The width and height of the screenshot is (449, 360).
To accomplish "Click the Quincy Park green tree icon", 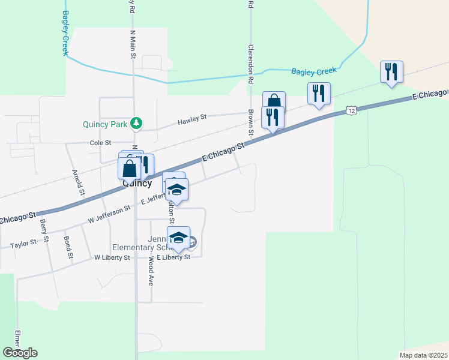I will coord(137,124).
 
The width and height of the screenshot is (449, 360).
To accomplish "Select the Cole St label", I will coord(101,143).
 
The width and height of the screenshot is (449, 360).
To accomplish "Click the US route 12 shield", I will coord(352,110).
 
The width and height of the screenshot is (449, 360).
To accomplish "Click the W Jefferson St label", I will coord(109,215).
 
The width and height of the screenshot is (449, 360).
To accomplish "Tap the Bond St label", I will coord(68,247).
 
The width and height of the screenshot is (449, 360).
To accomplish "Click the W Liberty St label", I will coord(112,257).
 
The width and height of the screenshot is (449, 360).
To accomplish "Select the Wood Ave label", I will coord(150,271).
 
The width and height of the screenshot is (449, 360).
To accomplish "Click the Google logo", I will coord(20,353).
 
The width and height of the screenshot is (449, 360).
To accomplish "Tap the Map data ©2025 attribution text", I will coord(423,355).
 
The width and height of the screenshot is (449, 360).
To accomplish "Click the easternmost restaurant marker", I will coord(391,71).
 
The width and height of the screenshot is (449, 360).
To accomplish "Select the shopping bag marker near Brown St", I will coord(274,101).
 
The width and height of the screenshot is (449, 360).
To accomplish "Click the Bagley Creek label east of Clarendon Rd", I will coord(314,71).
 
